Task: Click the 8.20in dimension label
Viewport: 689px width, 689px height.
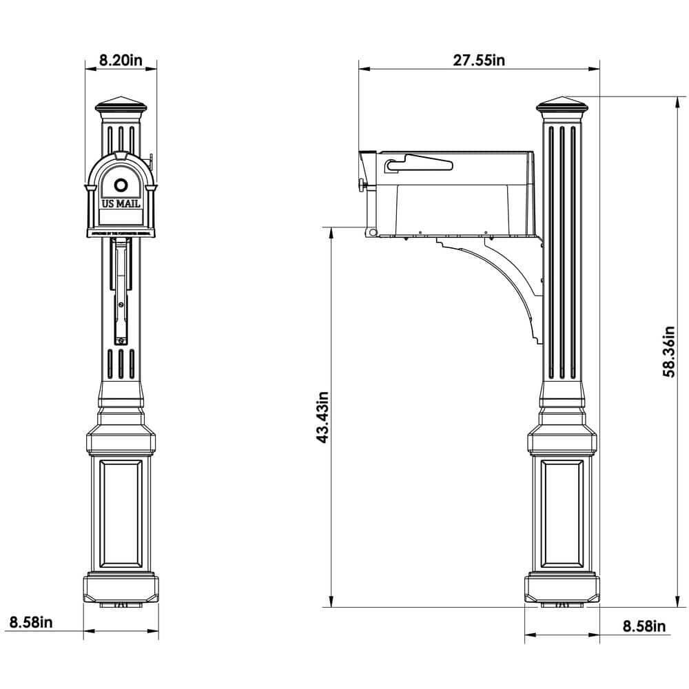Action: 121,60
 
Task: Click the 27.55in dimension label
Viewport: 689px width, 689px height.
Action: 479,60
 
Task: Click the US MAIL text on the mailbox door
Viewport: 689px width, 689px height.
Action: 121,204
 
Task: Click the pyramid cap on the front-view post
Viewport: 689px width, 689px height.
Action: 121,105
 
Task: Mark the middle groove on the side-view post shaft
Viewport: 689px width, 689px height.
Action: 563,251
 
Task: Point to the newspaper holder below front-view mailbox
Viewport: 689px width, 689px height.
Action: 121,289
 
